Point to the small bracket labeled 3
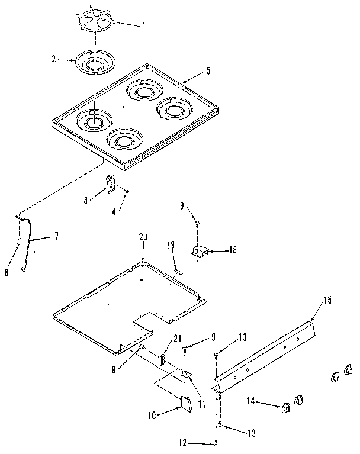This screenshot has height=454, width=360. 110,183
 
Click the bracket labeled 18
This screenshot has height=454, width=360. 200,252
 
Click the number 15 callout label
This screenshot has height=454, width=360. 327,300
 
